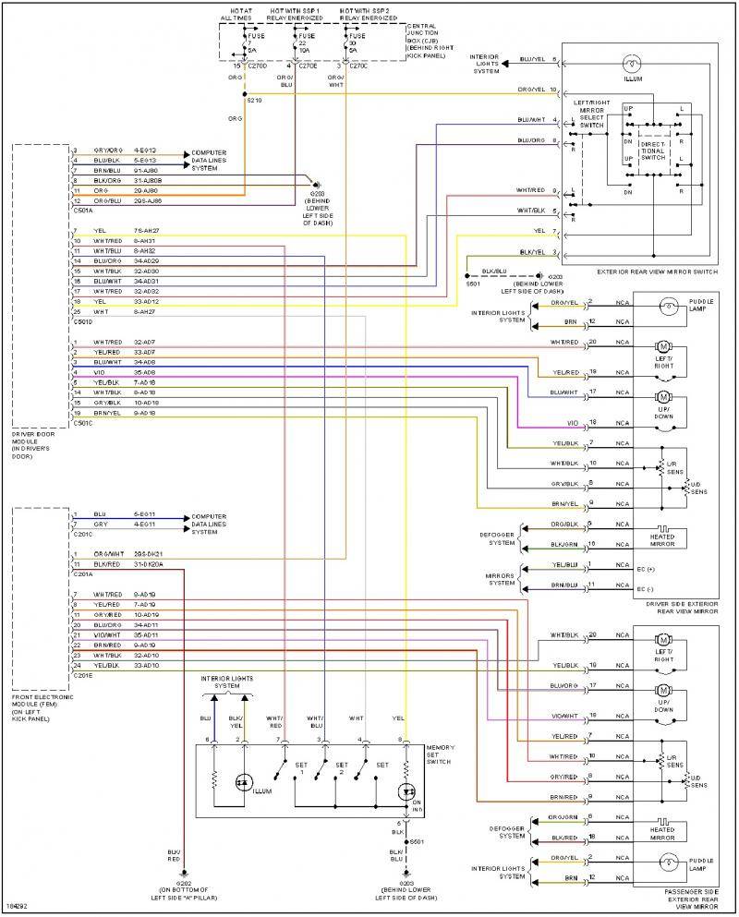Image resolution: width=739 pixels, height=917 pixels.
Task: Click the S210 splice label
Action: tap(256, 99)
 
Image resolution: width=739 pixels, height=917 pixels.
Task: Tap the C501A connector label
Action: tap(82, 209)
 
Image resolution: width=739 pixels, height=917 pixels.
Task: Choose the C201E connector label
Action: tap(82, 675)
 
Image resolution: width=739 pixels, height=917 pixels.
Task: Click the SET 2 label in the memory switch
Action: tap(342, 768)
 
